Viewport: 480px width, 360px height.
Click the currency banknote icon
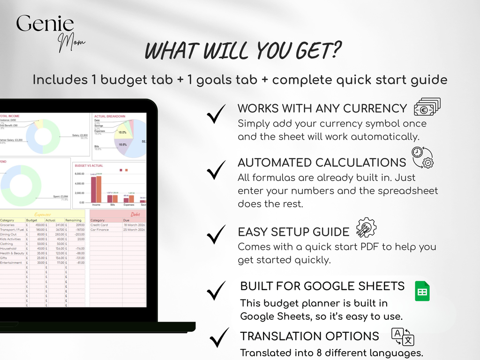(427, 107)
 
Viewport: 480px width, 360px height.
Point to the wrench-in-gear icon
(366, 228)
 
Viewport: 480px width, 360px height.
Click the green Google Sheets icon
(422, 291)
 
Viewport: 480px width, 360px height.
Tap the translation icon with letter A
(403, 337)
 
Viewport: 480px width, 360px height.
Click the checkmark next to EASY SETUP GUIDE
(216, 235)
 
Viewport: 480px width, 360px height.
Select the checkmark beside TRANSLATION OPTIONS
(218, 338)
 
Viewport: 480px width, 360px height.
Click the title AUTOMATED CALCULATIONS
(322, 163)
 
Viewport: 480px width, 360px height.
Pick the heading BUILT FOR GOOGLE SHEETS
(322, 286)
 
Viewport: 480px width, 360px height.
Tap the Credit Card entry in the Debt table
(99, 225)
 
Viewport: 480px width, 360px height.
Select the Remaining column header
(73, 220)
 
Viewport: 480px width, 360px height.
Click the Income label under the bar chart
(96, 204)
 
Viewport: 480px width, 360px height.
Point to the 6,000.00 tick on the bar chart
(79, 174)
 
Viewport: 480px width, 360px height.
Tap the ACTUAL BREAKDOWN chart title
(110, 116)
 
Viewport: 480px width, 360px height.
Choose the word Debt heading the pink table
(135, 214)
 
